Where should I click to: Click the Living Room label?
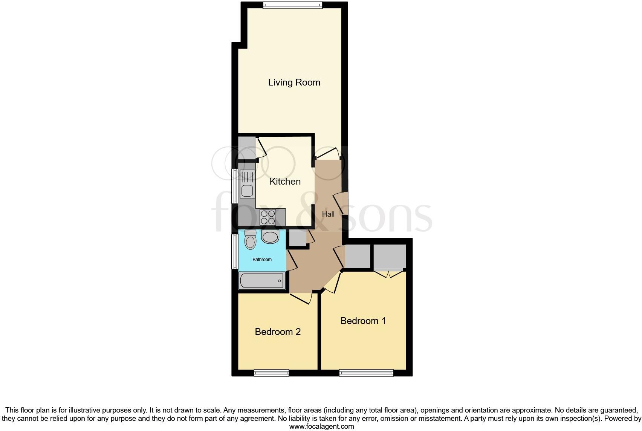point(294,83)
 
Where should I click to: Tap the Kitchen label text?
point(285,181)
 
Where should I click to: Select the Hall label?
point(328,214)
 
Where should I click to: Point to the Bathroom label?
point(262,260)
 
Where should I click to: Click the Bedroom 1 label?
point(363,321)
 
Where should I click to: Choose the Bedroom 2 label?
point(278,332)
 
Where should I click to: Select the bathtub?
point(262,281)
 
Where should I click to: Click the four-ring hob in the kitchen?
point(268,217)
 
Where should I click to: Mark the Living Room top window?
point(293,5)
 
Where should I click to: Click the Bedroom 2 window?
point(271,373)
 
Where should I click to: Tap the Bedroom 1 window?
point(366,373)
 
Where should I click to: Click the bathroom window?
point(234,252)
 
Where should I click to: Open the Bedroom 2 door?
point(301,298)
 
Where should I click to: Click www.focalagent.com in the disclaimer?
point(321,426)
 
